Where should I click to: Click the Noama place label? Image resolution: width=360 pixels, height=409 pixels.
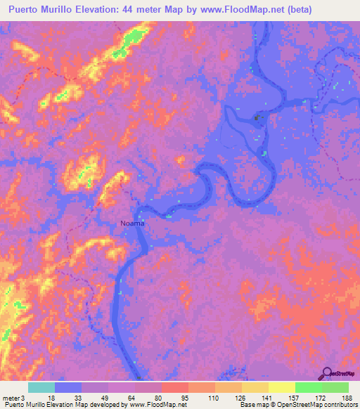coord(131,223)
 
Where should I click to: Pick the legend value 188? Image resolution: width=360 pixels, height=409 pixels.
coord(341,398)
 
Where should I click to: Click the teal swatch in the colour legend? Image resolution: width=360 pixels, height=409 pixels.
coord(41,388)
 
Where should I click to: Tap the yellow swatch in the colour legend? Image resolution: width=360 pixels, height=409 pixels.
coord(282,388)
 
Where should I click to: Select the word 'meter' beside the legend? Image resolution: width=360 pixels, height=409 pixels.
coord(11,398)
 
